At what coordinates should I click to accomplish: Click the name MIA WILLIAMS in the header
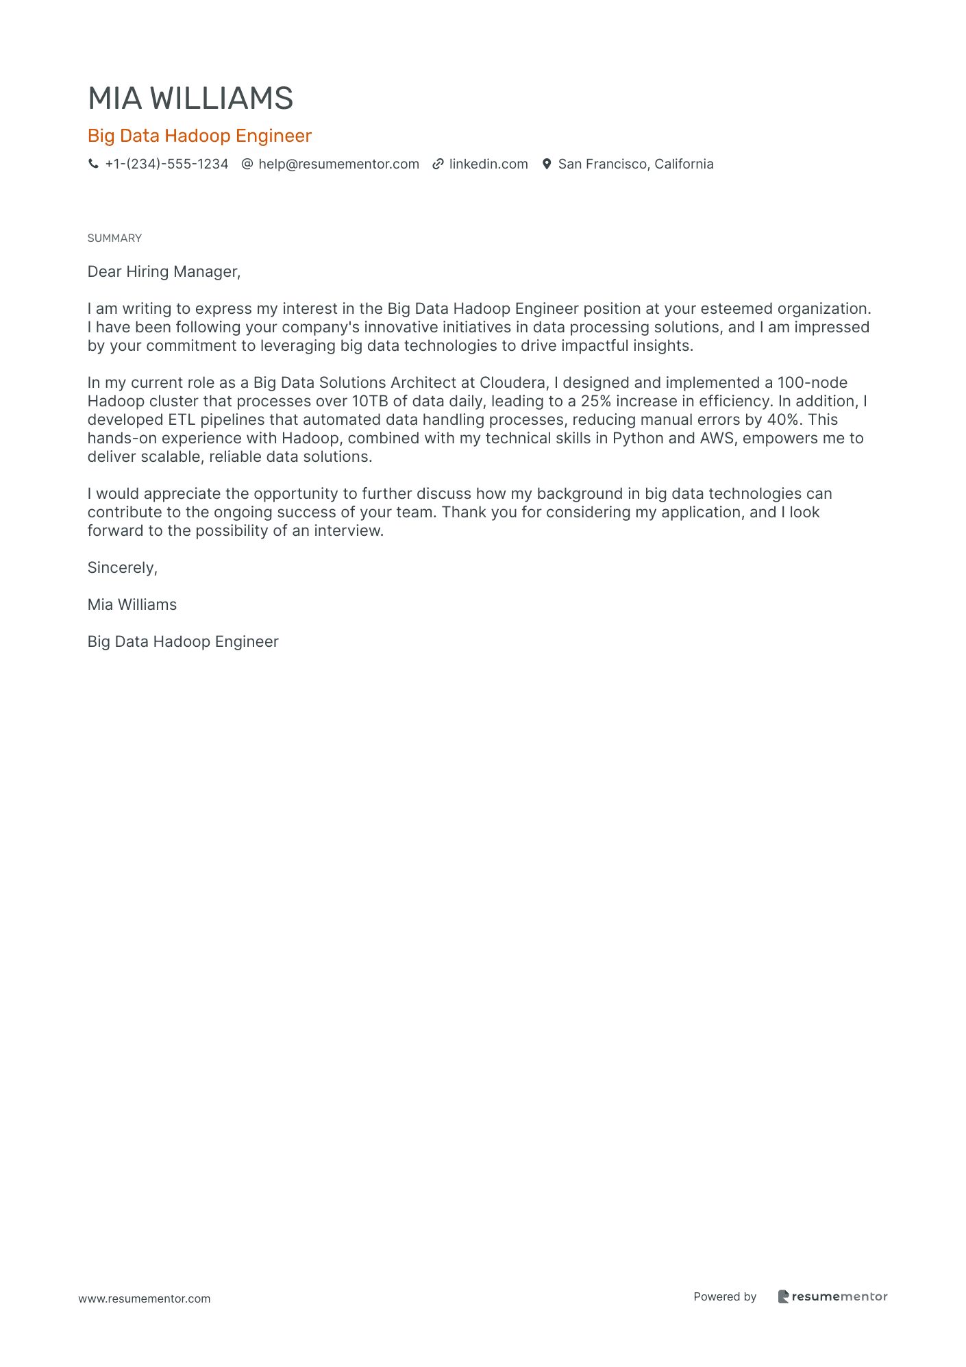[x=190, y=99]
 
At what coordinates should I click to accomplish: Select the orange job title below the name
[x=199, y=136]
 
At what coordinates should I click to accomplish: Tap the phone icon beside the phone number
[x=93, y=164]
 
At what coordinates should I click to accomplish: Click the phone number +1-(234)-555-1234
[x=166, y=164]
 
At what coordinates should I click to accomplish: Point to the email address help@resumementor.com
[x=338, y=164]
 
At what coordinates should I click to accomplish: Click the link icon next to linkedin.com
[x=438, y=164]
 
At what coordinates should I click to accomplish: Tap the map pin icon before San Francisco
[x=547, y=164]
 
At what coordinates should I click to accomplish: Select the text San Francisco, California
[x=636, y=164]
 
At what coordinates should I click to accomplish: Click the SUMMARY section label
[x=114, y=238]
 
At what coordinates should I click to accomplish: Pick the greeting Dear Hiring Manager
[x=164, y=271]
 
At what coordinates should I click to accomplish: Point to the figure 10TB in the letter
[x=370, y=401]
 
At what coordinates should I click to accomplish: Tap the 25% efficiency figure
[x=595, y=401]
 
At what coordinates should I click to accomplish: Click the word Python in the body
[x=638, y=438]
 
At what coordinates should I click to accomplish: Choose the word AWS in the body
[x=717, y=438]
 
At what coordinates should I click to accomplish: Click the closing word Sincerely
[x=122, y=567]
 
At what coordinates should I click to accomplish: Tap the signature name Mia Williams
[x=132, y=604]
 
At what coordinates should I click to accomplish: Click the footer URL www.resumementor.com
[x=145, y=1298]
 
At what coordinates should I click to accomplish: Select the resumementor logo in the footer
[x=832, y=1296]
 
